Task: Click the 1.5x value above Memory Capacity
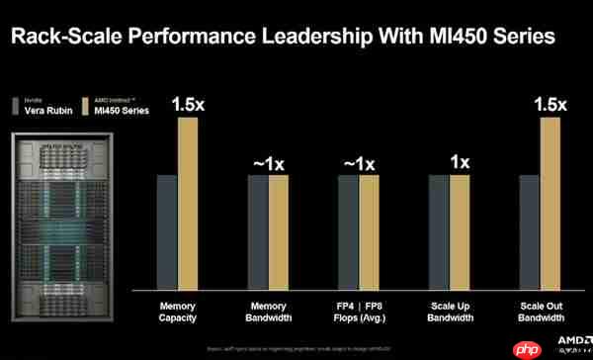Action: [188, 103]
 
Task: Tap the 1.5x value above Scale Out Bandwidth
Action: [550, 103]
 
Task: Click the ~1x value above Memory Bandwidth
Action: [269, 162]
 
